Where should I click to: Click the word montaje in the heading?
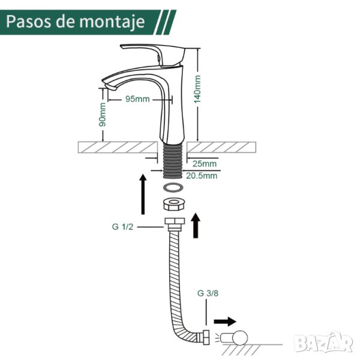click(112, 22)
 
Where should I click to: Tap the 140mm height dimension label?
click(197, 89)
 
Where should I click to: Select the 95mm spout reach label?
click(137, 99)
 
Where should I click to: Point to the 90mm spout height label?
click(103, 115)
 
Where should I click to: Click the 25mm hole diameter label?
click(205, 164)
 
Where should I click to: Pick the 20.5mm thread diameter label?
click(202, 176)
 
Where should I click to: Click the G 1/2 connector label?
click(122, 227)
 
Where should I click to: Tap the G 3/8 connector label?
click(208, 293)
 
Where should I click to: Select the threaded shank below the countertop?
click(172, 161)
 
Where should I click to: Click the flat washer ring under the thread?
click(173, 187)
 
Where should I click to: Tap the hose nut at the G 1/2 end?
click(175, 224)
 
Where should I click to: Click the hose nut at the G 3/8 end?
click(206, 337)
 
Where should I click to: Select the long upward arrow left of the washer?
click(143, 194)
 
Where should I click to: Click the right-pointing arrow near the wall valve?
click(225, 321)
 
